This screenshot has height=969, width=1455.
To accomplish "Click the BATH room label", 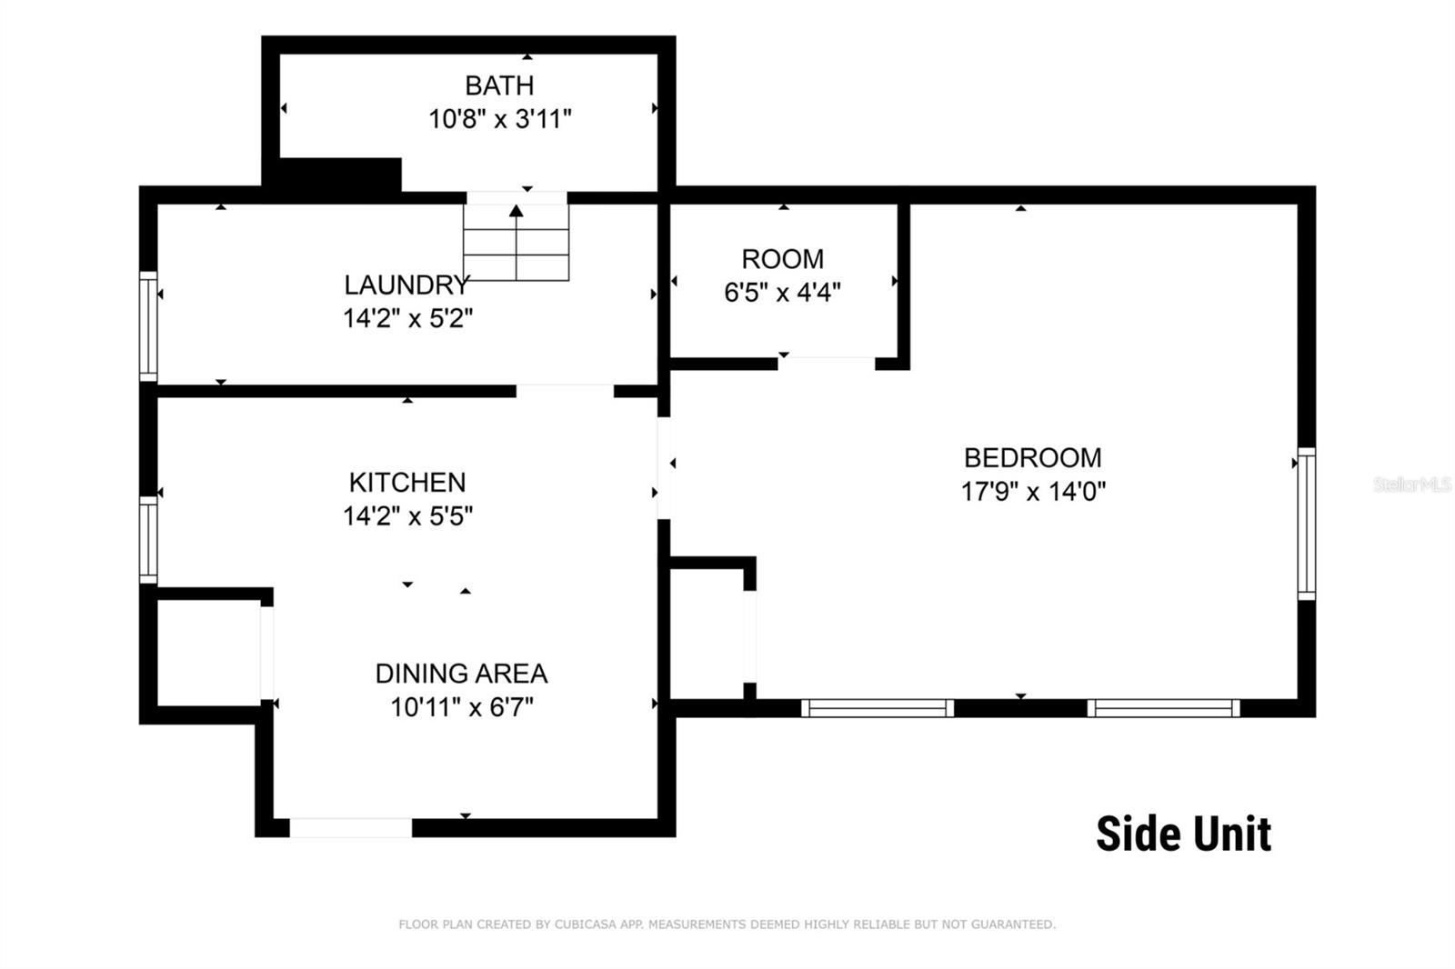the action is [x=499, y=85].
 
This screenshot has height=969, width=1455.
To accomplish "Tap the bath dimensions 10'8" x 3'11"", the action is [x=499, y=119].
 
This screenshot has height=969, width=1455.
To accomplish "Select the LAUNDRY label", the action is [x=406, y=285].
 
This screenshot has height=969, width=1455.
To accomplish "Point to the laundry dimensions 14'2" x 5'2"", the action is [x=408, y=319].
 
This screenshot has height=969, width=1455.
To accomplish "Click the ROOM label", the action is [x=783, y=259].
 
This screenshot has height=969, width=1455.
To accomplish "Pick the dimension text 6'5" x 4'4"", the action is [x=783, y=293].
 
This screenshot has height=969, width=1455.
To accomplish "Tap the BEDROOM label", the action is [x=1033, y=458].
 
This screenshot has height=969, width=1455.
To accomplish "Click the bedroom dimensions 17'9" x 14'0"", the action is [x=1033, y=492].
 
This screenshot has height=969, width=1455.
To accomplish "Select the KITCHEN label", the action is [x=407, y=483].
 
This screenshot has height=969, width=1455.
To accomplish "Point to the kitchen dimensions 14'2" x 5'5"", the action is [x=408, y=516].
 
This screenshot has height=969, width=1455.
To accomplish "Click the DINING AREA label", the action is [x=461, y=674].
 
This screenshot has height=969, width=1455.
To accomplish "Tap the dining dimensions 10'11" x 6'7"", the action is [x=462, y=707].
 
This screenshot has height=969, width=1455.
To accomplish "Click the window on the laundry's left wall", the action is [x=148, y=326].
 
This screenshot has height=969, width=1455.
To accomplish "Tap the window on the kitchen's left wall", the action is [x=148, y=540].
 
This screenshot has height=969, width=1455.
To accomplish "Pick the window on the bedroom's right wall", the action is [x=1307, y=524].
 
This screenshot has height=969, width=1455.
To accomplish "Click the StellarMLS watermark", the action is [x=1413, y=484].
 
